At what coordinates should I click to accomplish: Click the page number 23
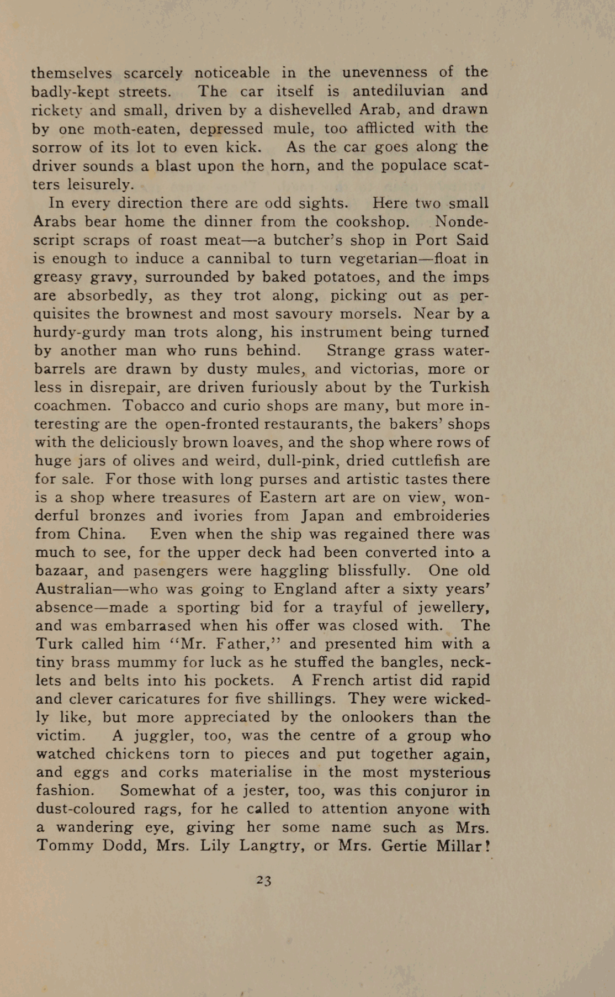tap(264, 880)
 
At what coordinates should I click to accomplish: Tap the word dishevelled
tap(310, 109)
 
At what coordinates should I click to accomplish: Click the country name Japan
tap(323, 516)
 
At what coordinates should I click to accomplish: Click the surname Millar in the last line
tap(460, 846)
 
